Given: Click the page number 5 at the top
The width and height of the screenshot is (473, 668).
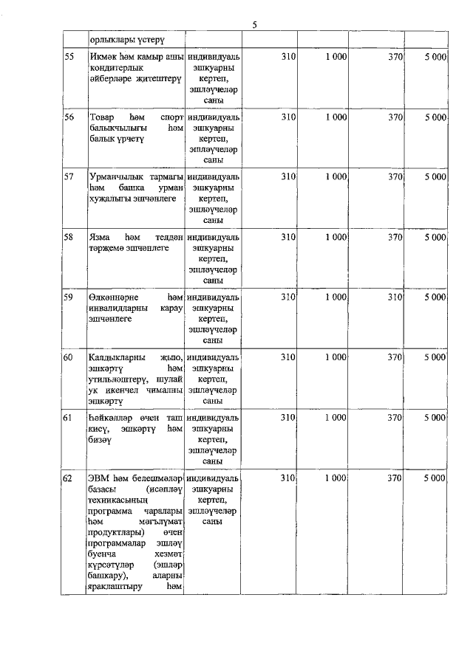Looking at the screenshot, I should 254,24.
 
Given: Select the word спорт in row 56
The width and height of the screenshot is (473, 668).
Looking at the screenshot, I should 171,117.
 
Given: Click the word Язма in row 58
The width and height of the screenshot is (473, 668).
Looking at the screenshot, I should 99,237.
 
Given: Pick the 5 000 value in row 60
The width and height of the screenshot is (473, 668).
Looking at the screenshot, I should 435,357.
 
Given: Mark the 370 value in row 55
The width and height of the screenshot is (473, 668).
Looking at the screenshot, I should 395,56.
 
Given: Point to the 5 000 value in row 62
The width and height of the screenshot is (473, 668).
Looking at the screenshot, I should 435,478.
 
